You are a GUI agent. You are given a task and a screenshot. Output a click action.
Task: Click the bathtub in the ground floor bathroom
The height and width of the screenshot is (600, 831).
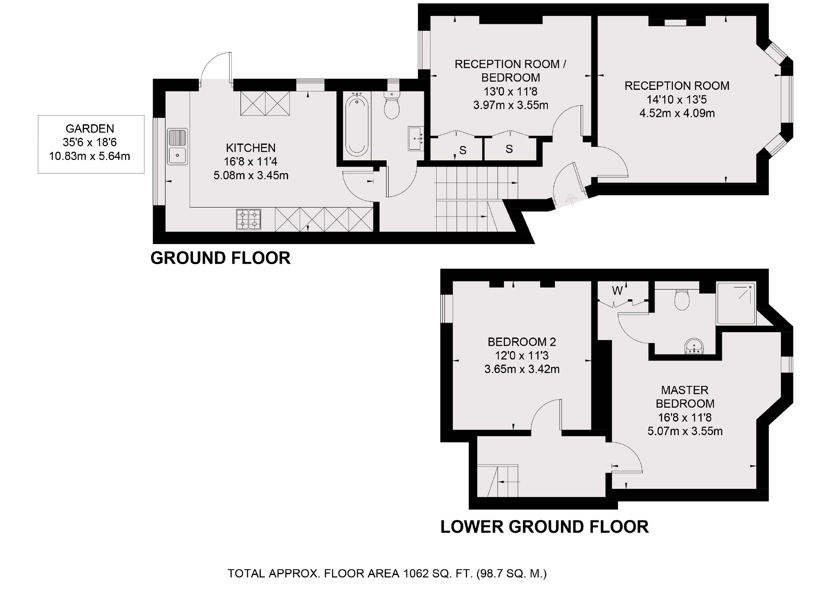tap(357, 124)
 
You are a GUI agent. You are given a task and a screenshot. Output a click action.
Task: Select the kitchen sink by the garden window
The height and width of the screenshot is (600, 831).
tap(177, 147)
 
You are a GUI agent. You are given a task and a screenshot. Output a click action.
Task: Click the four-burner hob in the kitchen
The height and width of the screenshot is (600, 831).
tap(249, 219)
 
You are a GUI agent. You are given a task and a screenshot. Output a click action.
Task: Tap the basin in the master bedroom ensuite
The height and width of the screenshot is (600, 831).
tap(694, 347)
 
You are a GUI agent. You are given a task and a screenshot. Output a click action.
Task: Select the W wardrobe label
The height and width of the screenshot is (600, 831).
tap(617, 291)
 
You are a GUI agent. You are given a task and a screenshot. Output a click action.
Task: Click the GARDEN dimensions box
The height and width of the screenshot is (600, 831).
tap(91, 144)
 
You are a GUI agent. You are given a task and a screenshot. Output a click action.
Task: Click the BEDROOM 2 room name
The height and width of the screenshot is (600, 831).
tap(522, 342)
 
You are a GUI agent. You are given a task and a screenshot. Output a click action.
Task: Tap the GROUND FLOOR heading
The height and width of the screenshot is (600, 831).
tap(221, 258)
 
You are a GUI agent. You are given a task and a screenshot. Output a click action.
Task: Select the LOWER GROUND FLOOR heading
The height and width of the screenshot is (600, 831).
tap(545, 527)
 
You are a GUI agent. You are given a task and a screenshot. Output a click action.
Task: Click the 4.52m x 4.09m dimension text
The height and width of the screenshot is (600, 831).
tap(677, 113)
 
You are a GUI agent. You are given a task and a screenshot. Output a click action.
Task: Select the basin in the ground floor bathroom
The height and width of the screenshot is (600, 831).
tap(416, 138)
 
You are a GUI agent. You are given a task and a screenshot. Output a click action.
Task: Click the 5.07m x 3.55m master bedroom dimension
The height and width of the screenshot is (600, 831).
tap(685, 431)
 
